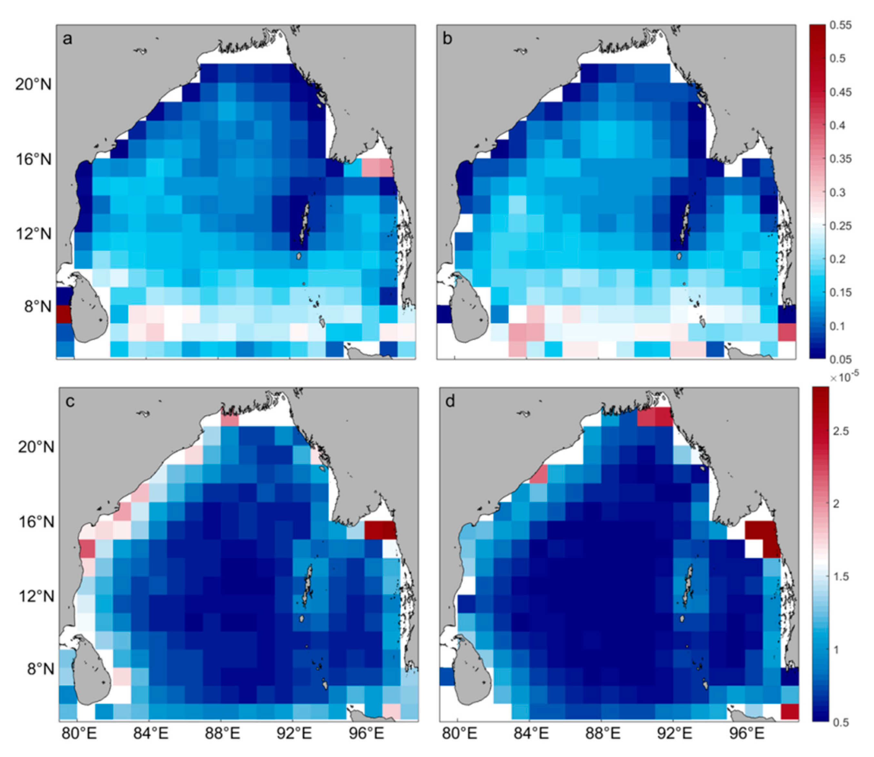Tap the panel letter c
tap(70, 402)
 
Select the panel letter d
tap(450, 402)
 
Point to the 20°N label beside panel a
tap(33, 85)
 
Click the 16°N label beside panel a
tap(33, 159)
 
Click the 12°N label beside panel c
tap(36, 596)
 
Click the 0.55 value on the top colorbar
tap(840, 25)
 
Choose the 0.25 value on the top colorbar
tap(840, 225)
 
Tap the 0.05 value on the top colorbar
tap(840, 359)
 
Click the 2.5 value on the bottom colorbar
tap(840, 431)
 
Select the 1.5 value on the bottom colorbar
tap(840, 576)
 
